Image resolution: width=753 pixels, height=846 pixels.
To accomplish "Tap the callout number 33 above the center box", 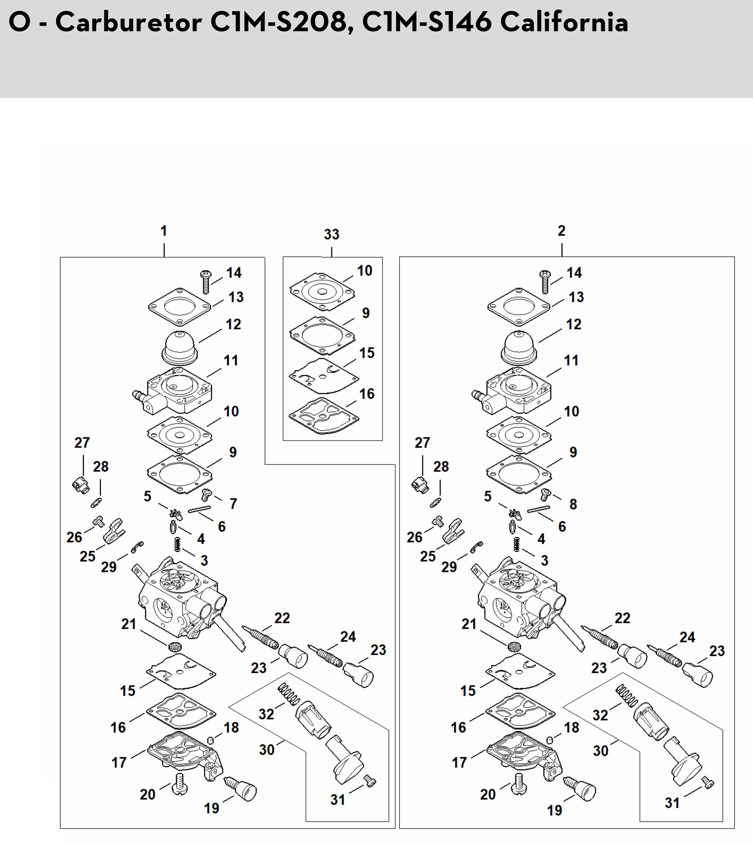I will point(331,235).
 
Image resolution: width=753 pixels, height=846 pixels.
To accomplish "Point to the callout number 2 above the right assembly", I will point(561,231).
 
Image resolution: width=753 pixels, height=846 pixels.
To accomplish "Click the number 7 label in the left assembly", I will point(234,504).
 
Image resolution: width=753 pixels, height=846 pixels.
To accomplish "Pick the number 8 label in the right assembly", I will point(573,504).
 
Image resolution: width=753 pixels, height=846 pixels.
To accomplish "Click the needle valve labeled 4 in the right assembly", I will point(513,528).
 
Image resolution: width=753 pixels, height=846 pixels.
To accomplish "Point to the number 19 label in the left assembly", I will point(212,808).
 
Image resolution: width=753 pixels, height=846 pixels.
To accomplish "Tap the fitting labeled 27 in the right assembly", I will point(420,484).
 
